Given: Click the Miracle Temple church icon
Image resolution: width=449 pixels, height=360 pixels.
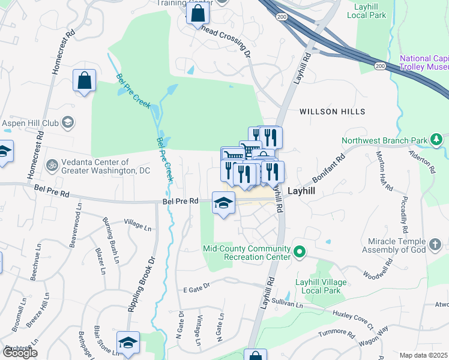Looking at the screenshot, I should click(436, 245).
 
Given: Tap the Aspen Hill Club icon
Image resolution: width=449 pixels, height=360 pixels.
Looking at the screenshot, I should click(68, 123).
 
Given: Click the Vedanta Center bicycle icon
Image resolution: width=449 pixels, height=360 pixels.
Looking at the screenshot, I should click(52, 163).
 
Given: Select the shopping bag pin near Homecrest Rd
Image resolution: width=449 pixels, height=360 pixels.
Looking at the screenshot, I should click(85, 81).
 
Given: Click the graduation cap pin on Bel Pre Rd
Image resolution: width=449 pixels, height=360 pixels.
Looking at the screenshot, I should click(223, 204).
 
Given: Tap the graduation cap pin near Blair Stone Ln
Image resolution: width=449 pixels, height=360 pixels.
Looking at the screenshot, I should click(128, 343).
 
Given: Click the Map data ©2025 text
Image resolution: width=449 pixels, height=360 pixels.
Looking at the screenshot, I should click(423, 355).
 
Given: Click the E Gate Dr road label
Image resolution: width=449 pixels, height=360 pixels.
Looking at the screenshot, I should click(197, 287).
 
